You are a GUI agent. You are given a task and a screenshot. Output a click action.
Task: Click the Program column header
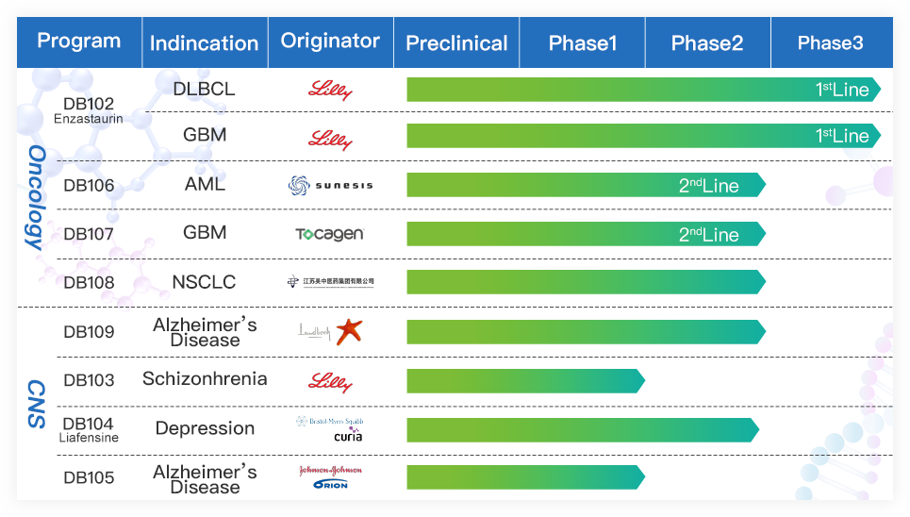(x=79, y=42)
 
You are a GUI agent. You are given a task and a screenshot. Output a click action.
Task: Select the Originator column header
(x=330, y=42)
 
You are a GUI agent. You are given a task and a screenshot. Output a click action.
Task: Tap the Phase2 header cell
(x=707, y=43)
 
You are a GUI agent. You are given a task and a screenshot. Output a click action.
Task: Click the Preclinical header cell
(x=456, y=43)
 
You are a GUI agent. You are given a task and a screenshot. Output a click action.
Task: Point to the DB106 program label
(x=89, y=186)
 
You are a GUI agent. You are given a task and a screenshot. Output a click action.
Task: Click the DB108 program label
(x=89, y=283)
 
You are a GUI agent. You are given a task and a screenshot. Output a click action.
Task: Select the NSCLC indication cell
(x=204, y=282)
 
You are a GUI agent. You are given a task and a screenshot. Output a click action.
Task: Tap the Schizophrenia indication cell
(x=205, y=379)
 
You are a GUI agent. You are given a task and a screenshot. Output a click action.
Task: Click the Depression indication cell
(x=205, y=428)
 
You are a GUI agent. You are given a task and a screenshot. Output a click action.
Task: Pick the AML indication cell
(x=205, y=185)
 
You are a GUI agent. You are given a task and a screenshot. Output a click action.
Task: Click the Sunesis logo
(x=330, y=185)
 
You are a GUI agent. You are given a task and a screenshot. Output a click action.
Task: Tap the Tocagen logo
(x=329, y=234)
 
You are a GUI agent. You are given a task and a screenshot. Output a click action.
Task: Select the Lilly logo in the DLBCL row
(x=330, y=91)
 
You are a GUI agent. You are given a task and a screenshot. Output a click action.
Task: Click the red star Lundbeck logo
(x=349, y=331)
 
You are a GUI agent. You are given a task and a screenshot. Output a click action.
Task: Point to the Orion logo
(x=330, y=485)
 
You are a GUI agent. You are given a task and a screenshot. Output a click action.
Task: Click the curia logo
(x=347, y=436)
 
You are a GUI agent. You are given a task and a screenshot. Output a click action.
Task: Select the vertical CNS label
(x=36, y=404)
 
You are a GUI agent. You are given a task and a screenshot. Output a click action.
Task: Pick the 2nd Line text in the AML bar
(x=709, y=186)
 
